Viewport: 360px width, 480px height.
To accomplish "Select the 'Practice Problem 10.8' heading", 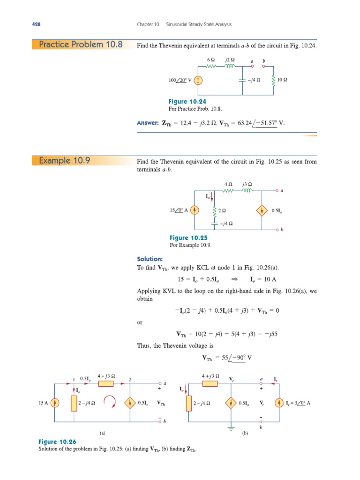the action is pyautogui.click(x=81, y=45).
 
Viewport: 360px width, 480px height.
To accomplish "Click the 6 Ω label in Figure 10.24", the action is pyautogui.click(x=210, y=60).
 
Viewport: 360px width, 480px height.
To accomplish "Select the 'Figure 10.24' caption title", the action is pyautogui.click(x=187, y=102).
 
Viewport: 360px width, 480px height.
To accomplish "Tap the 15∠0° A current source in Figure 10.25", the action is pyautogui.click(x=195, y=210).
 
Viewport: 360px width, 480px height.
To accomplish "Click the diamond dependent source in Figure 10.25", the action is pyautogui.click(x=262, y=210).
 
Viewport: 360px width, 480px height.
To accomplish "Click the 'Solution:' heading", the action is pyautogui.click(x=150, y=259).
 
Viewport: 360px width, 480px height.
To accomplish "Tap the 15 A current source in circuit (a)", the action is pyautogui.click(x=55, y=403).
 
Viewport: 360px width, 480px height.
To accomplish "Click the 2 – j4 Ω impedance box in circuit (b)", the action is pyautogui.click(x=191, y=403).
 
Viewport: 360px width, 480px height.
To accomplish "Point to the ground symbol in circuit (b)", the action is pyautogui.click(x=231, y=428).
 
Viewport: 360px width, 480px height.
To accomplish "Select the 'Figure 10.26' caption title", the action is pyautogui.click(x=57, y=442).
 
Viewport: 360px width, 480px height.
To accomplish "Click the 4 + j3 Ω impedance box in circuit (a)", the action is pyautogui.click(x=106, y=383).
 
